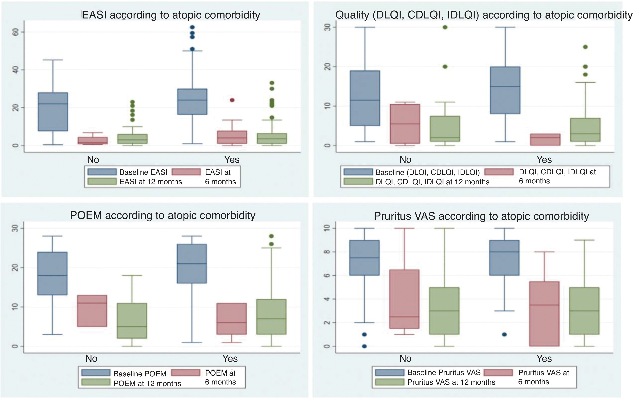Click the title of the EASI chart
point(171,15)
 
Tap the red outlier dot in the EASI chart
point(232,100)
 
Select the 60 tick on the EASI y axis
point(16,32)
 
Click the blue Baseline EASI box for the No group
point(53,112)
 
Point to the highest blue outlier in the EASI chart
point(192,27)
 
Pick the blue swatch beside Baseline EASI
point(102,172)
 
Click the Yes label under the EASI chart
point(232,160)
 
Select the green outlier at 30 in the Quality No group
point(445,27)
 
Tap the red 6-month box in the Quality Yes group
point(545,140)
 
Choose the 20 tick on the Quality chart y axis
point(327,67)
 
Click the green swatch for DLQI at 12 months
point(358,182)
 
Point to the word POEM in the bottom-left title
point(86,215)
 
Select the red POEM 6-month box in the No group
point(92,311)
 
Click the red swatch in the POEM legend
point(186,373)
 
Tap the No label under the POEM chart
point(91,359)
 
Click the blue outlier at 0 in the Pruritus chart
point(364,346)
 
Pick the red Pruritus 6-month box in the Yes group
point(544,314)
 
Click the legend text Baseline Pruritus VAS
point(444,372)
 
